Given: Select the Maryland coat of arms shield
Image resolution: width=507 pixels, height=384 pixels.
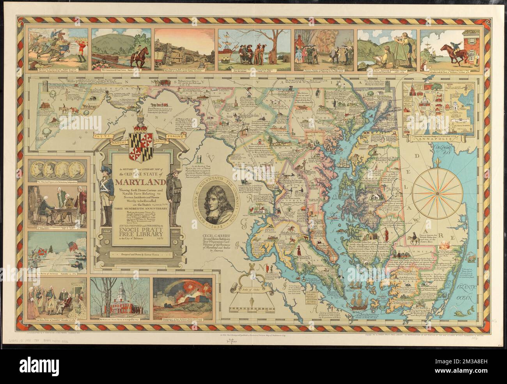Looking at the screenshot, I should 136,142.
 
